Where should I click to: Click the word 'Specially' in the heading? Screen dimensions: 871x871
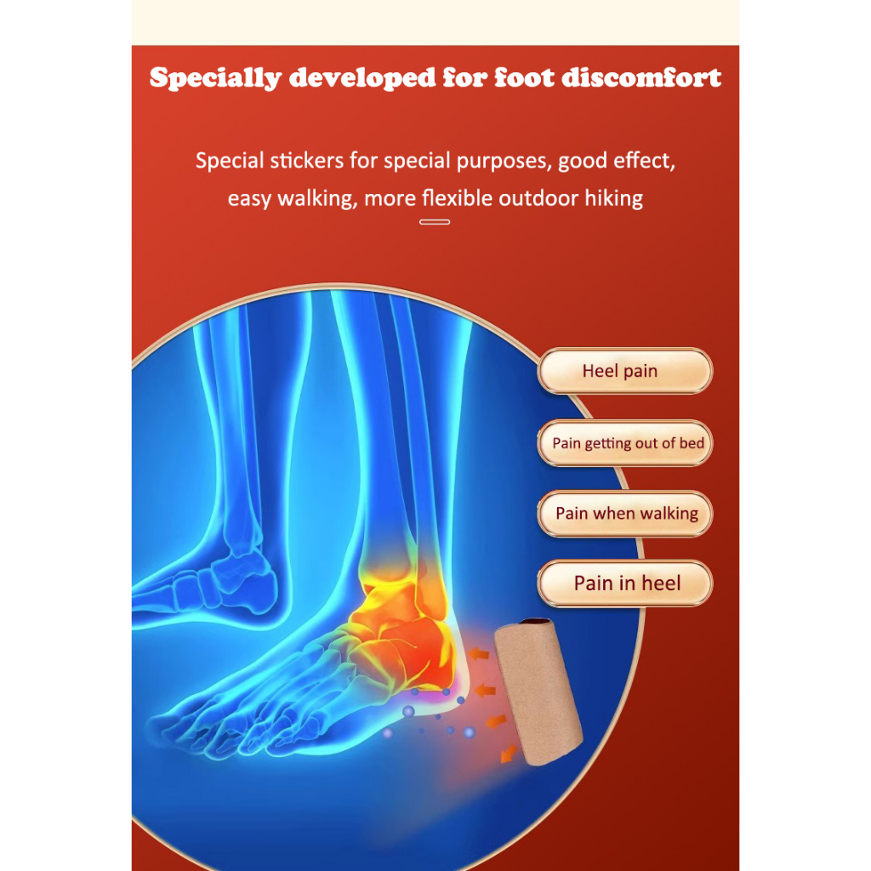[215, 78]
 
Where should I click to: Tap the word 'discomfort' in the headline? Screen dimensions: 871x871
[641, 77]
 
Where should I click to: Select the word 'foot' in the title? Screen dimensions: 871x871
[524, 77]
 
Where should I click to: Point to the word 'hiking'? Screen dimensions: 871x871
[614, 198]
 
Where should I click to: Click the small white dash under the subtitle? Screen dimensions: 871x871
[435, 222]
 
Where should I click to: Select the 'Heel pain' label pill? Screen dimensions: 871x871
[625, 371]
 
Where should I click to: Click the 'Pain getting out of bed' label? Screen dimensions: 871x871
[625, 442]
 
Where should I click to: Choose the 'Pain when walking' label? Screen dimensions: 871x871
[625, 513]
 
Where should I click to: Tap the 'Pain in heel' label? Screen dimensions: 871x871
[625, 584]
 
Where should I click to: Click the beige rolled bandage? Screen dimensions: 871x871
[538, 692]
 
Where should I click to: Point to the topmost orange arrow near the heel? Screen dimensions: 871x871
[478, 654]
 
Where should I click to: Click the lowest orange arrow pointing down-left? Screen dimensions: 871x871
[509, 754]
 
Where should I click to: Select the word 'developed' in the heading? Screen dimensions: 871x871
[362, 78]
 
